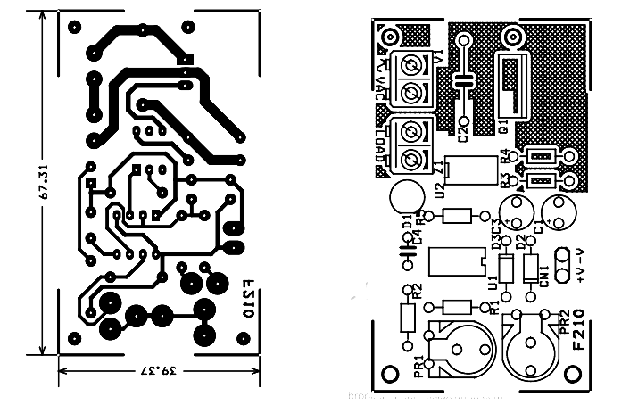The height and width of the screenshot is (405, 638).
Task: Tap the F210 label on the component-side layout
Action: click(x=579, y=340)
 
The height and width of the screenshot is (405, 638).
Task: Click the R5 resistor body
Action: click(x=457, y=215)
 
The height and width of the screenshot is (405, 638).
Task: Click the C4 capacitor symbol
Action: click(x=406, y=257)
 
